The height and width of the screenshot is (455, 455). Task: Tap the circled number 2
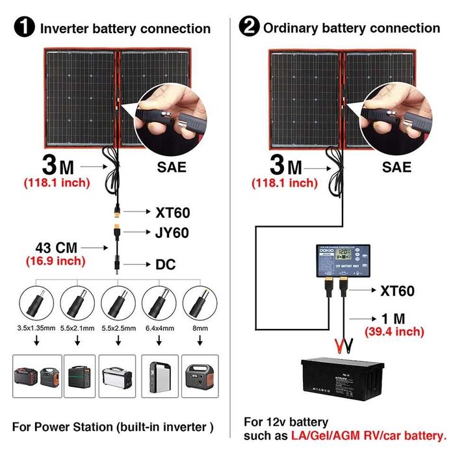[x=249, y=27]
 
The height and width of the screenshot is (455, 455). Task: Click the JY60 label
[x=172, y=232]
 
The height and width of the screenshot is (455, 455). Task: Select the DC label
[x=165, y=265]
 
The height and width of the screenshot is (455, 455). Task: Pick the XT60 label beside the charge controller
[x=397, y=291]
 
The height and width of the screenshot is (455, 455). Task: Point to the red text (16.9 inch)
[x=56, y=261]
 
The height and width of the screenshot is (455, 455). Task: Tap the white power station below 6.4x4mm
[x=159, y=376]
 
